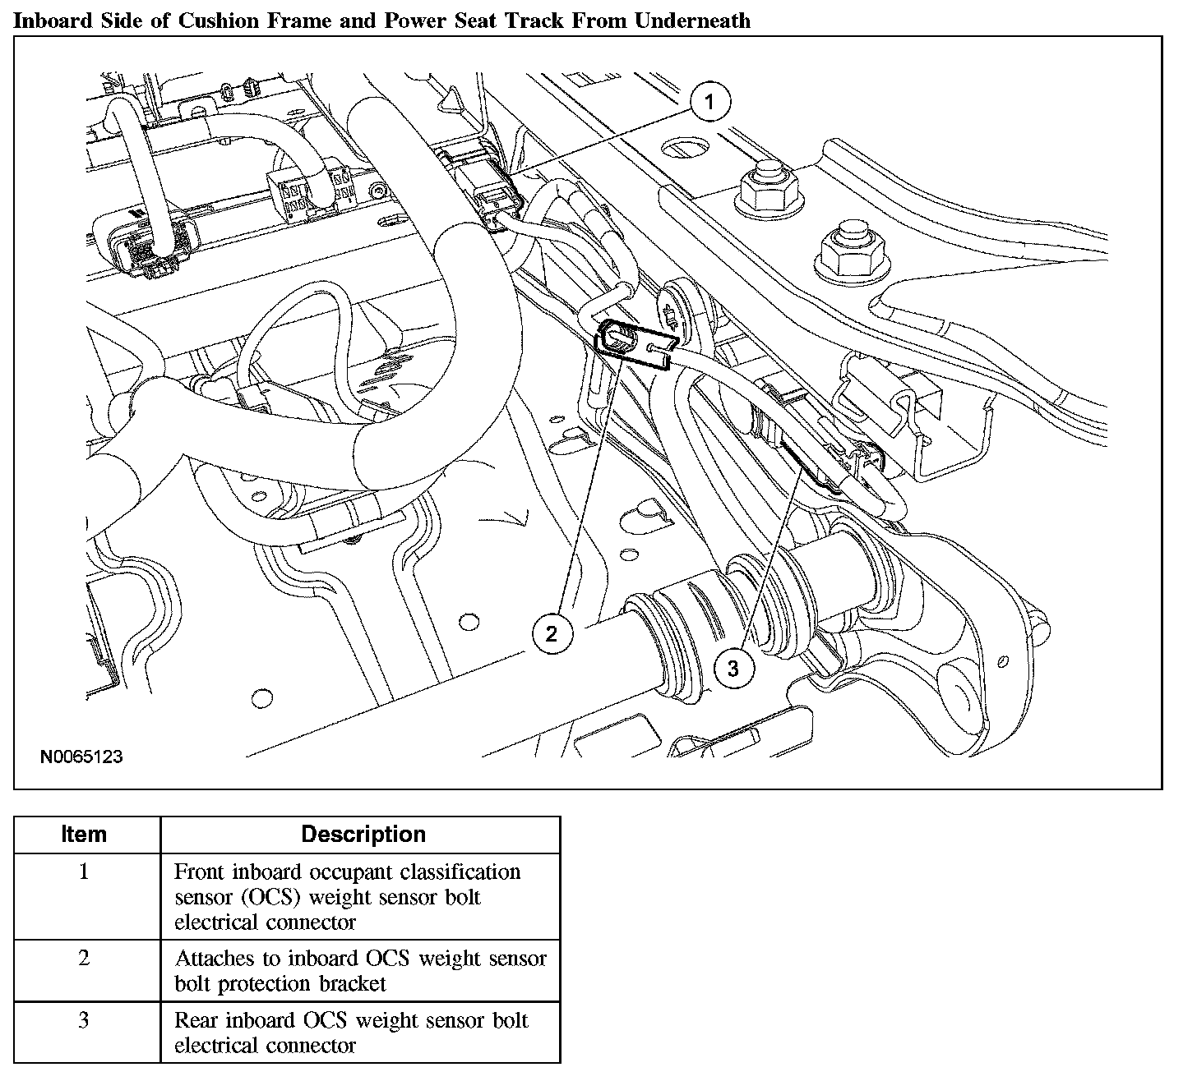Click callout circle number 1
tap(709, 103)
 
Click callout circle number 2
tap(551, 632)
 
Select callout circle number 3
tap(733, 668)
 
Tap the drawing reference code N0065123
tap(81, 757)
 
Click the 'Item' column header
tap(84, 835)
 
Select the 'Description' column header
tap(363, 835)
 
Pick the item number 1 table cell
tap(84, 872)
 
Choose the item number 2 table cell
tap(84, 959)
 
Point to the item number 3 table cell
tap(84, 1021)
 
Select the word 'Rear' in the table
tap(195, 1021)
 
